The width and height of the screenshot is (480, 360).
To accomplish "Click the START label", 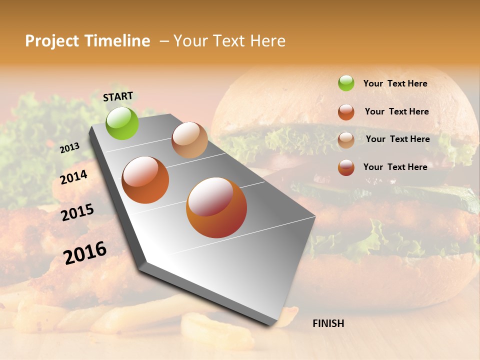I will pyautogui.click(x=118, y=96).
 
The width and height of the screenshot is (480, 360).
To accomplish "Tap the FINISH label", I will pyautogui.click(x=328, y=323).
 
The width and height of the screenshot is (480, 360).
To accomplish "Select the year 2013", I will pyautogui.click(x=70, y=147).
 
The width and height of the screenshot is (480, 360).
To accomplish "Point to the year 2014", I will pyautogui.click(x=74, y=177).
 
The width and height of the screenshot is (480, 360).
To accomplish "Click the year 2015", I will pyautogui.click(x=77, y=212).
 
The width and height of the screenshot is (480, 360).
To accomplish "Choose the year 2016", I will pyautogui.click(x=85, y=252).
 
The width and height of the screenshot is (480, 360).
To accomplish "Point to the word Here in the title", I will pyautogui.click(x=267, y=41).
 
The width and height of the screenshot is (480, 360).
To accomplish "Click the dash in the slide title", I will pyautogui.click(x=164, y=41).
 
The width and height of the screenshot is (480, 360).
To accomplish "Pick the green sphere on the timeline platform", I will pyautogui.click(x=122, y=123).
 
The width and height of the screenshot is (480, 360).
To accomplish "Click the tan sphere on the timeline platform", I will pyautogui.click(x=189, y=140).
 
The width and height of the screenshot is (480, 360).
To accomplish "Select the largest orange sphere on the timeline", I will pyautogui.click(x=216, y=207).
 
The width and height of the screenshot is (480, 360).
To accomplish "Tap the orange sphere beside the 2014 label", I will pyautogui.click(x=145, y=180).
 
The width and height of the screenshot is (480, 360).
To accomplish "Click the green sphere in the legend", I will pyautogui.click(x=346, y=83).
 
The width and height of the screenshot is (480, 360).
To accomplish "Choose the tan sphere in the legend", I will pyautogui.click(x=346, y=139).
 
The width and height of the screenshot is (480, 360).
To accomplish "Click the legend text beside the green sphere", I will pyautogui.click(x=395, y=83).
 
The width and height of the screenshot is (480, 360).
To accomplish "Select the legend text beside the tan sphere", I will pyautogui.click(x=397, y=139).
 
